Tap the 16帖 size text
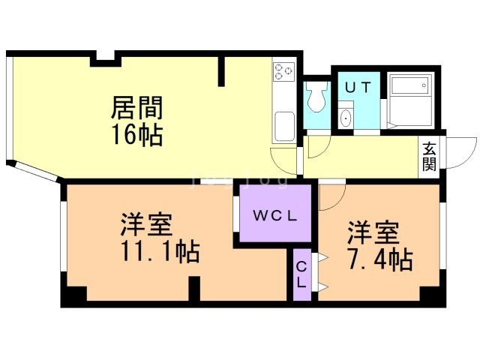tap(137, 136)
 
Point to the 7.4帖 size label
tap(380, 260)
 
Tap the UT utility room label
tap(357, 87)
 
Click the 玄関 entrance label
tap(430, 156)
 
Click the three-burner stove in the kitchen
tap(283, 72)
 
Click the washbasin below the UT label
tap(346, 118)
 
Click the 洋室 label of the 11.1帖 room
tap(147, 225)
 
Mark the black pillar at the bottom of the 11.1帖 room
tap(193, 289)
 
